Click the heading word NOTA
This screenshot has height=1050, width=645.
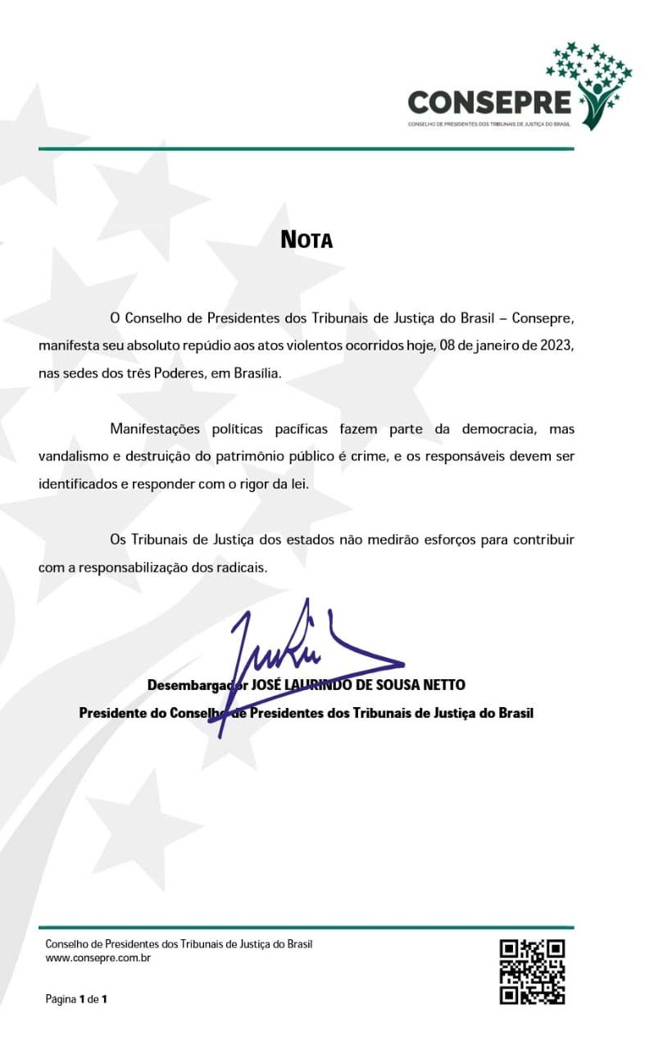coord(307,240)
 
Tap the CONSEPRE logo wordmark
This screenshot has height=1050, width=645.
coord(489,103)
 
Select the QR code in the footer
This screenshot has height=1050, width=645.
coord(532,971)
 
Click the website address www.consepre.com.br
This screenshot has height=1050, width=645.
coord(98,957)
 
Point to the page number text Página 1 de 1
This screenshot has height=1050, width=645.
coord(77,999)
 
